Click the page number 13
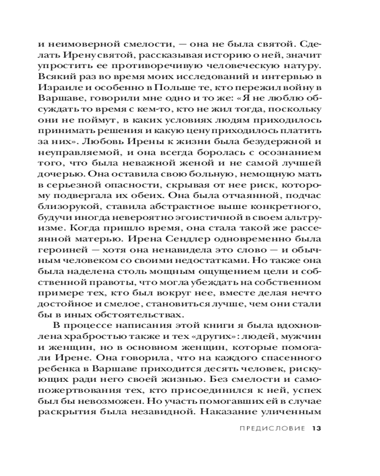point(317,428)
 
